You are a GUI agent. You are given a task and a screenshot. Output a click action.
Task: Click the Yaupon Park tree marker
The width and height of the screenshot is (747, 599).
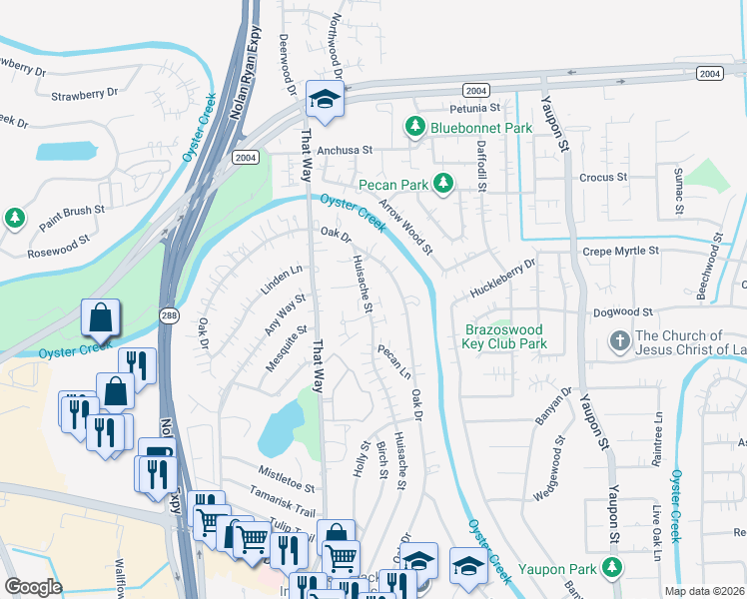coord(611,569)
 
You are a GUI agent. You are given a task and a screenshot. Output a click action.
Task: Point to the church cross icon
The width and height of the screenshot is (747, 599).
coord(619,340)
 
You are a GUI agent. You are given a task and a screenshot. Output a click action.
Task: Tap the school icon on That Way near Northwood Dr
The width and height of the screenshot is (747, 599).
coord(325,99)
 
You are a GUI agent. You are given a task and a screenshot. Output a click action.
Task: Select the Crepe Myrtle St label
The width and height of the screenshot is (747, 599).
coord(621,252)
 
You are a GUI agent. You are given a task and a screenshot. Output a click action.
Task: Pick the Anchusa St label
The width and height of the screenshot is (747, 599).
coord(344,150)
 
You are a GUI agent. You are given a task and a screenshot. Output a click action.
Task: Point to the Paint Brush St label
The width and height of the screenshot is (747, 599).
coord(72,216)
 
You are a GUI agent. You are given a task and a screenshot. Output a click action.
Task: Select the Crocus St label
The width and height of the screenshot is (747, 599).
coord(603,177)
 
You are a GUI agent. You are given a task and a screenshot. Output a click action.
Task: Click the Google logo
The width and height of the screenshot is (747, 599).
coord(33,587)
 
